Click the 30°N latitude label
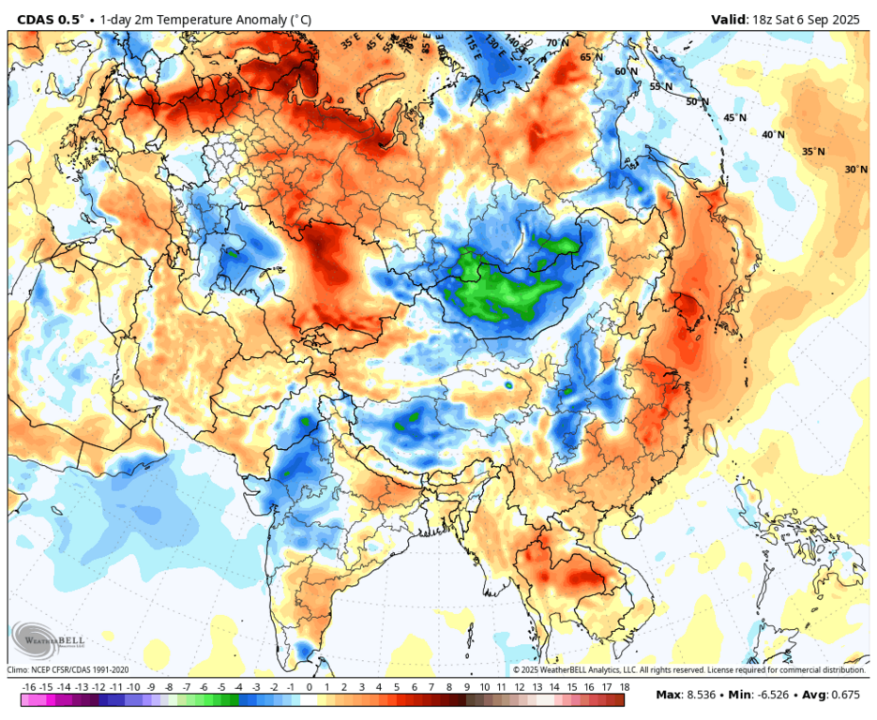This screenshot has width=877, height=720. [855, 170]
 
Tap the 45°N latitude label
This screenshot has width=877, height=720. [734, 118]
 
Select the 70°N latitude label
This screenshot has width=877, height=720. [557, 43]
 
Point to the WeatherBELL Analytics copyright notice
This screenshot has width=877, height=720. [688, 670]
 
